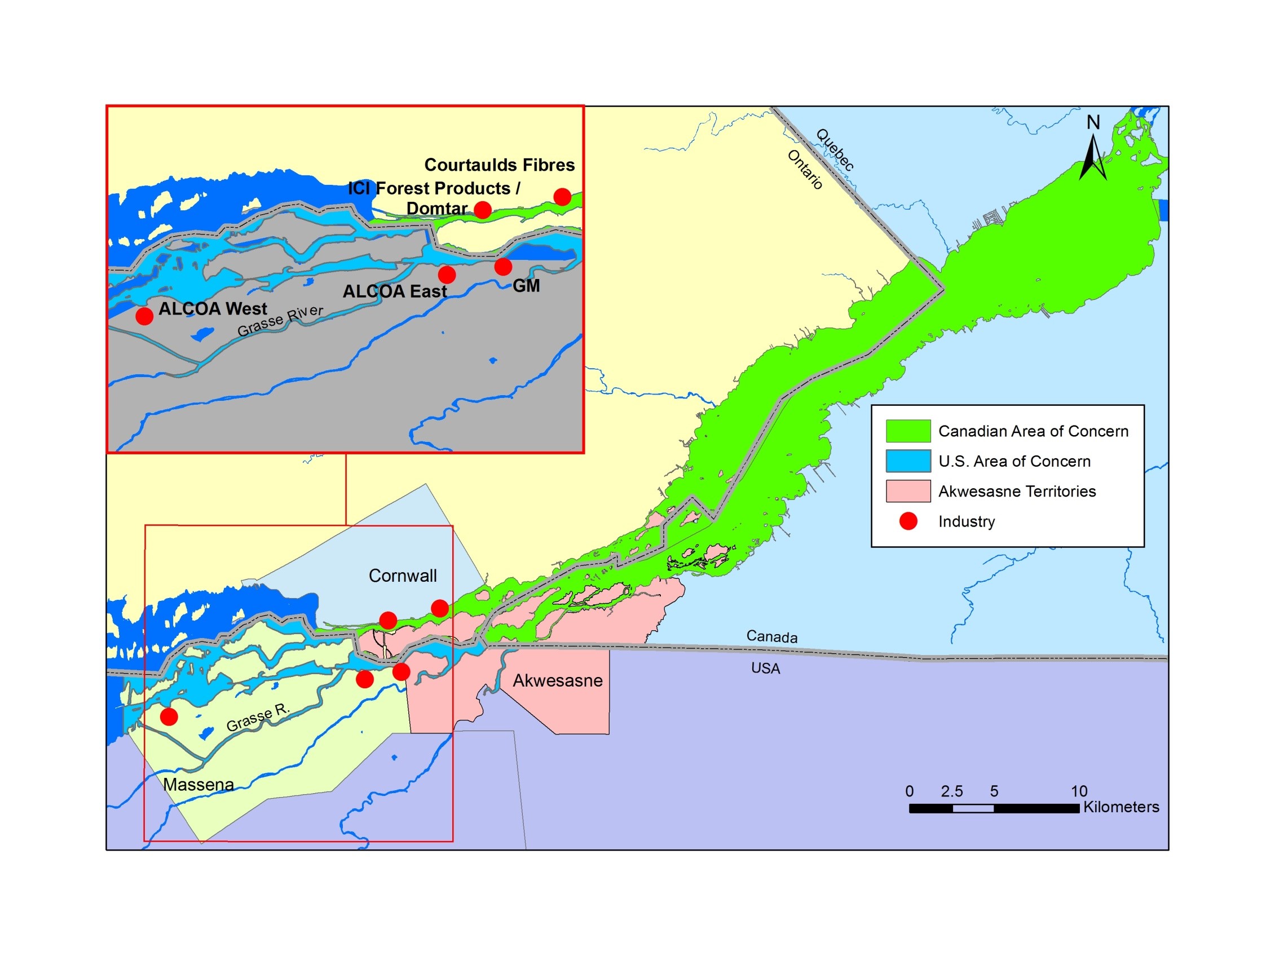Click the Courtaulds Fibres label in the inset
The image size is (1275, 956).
pos(499,165)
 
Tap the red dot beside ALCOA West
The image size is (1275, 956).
pos(144,316)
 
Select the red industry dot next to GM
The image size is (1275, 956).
pos(502,267)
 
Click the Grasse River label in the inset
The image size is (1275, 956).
pos(280,320)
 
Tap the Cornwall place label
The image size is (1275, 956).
pos(402,576)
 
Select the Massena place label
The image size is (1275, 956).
pos(198,784)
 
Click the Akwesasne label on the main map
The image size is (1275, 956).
pos(557,680)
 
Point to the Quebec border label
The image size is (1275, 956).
pos(835,150)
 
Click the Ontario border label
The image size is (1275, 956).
pos(805,170)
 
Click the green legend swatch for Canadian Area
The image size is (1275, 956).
pos(908,431)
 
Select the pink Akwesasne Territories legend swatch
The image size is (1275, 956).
pos(908,491)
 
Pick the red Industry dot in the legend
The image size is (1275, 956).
pos(908,521)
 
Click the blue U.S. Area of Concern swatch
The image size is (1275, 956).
pos(908,461)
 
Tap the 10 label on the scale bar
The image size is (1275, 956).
pos(1079,791)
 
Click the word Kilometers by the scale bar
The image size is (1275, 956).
pos(1121,807)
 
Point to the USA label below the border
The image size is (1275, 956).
pos(765,669)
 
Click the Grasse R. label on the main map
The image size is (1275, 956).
pos(258,718)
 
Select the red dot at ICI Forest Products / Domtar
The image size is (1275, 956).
pos(483,210)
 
